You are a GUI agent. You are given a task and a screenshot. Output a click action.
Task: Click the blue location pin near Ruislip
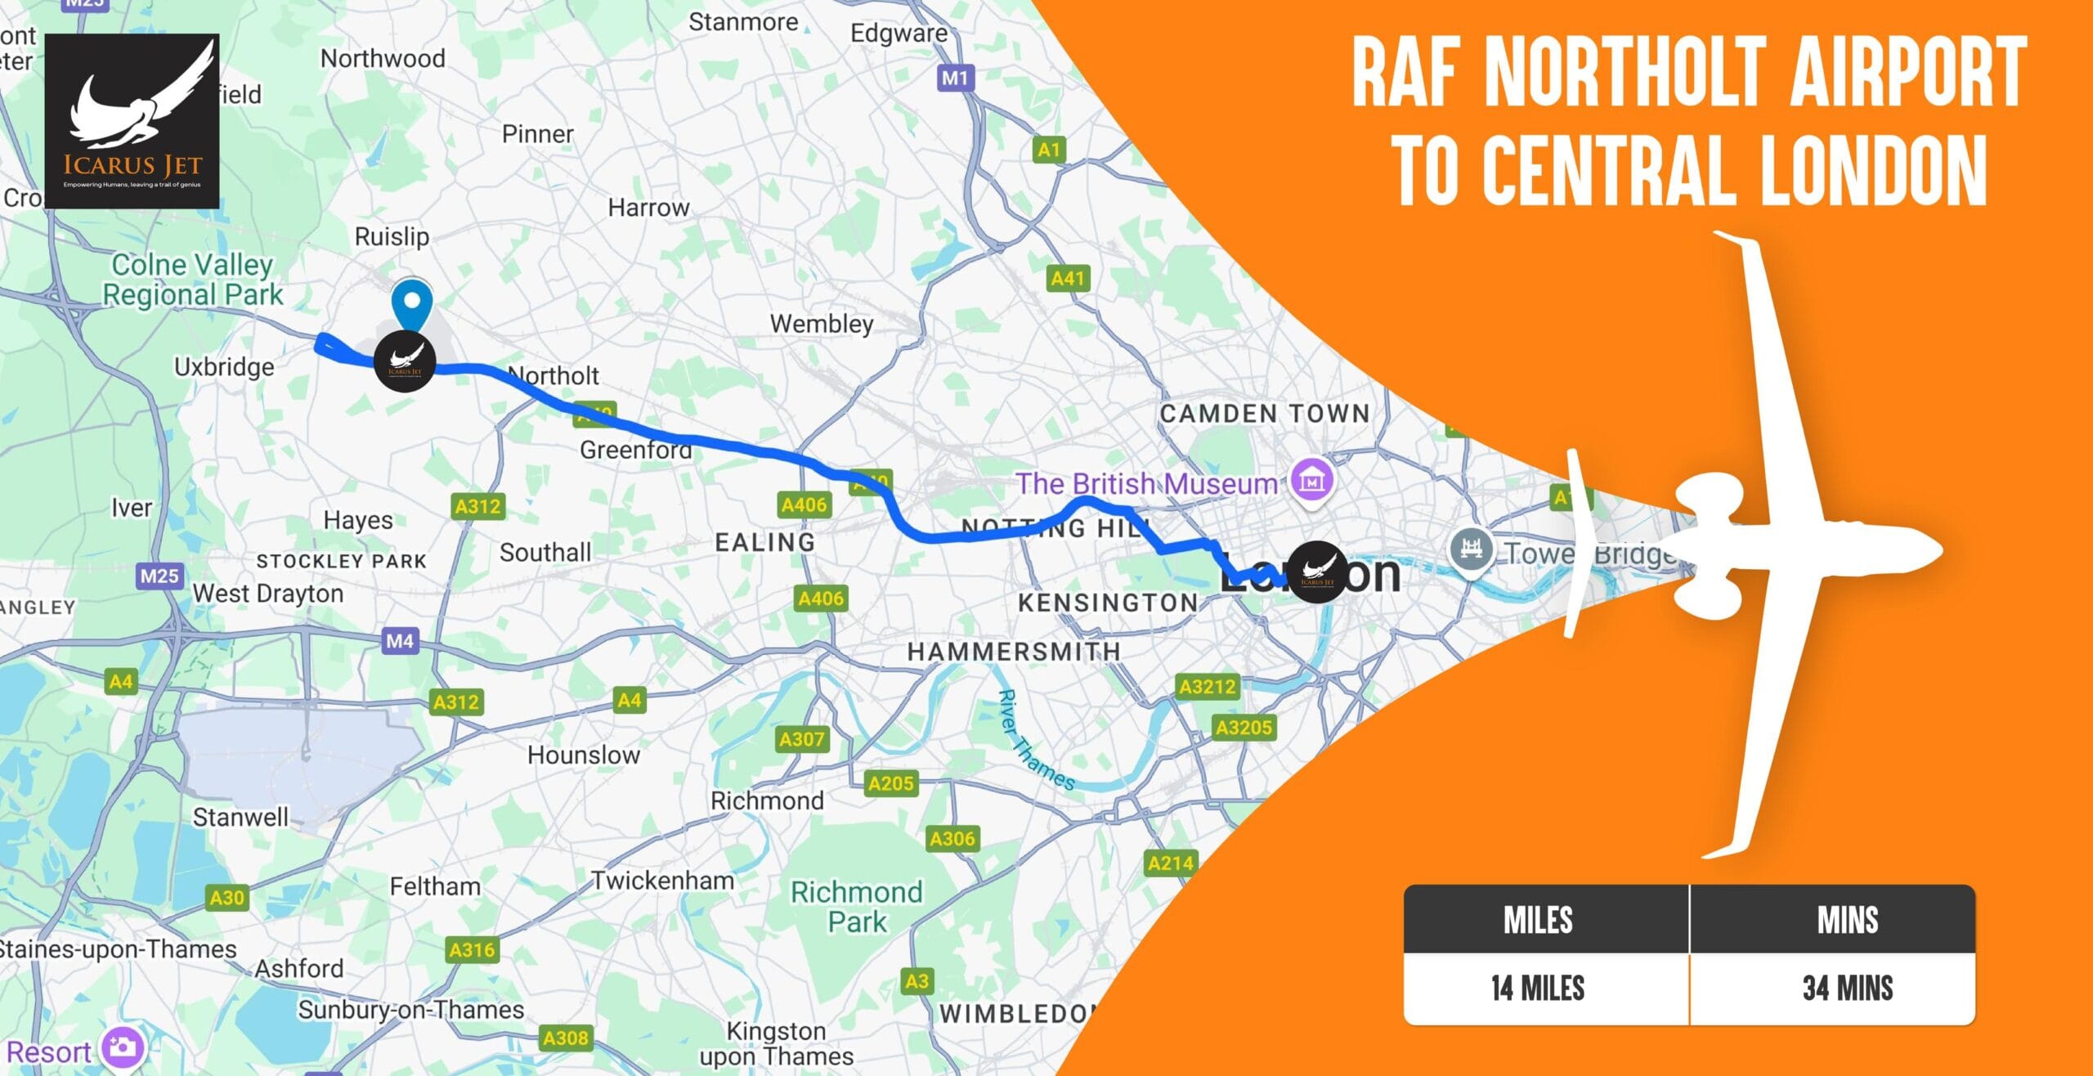coord(411,303)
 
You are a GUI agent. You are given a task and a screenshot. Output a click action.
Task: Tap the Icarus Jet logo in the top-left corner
coord(132,120)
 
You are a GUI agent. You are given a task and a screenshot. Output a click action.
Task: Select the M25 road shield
coord(159,576)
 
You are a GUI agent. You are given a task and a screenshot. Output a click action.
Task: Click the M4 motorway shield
coord(400,640)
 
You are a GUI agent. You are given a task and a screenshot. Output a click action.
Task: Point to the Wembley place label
coord(821,324)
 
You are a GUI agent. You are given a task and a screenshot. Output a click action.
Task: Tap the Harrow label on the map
coord(648,208)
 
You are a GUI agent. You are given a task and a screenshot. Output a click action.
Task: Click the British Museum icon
coord(1311,481)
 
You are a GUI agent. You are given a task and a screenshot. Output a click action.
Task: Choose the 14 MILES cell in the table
coord(1537,988)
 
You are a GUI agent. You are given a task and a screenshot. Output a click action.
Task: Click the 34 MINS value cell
coord(1847,988)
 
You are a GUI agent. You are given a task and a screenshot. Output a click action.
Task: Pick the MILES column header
coord(1537,920)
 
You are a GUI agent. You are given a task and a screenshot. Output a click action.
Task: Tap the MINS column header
coord(1847,920)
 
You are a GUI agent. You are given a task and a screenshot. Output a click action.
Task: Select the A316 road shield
coord(472,949)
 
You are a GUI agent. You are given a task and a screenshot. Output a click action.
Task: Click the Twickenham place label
coord(663,881)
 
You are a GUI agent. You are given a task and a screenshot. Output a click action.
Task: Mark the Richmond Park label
coord(856,906)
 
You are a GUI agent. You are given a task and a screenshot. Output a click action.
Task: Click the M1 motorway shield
coord(954,78)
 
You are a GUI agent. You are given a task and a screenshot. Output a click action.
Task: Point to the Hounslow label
coord(583,755)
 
